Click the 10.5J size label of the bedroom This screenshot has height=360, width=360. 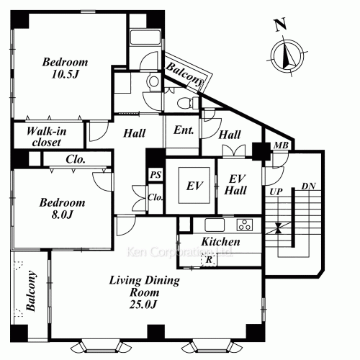pos(65,74)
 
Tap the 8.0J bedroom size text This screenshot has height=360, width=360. pos(62,215)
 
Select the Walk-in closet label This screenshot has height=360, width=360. pos(46,137)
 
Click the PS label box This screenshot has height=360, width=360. pos(156,174)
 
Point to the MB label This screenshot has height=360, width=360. pos(281,145)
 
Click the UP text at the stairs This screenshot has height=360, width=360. pos(276,192)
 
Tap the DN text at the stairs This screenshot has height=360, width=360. pos(308,186)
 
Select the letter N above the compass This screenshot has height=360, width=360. pos(280,24)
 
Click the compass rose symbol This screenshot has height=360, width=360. pos(287,55)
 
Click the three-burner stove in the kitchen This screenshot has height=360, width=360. pos(245,225)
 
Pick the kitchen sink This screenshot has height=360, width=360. pos(215,225)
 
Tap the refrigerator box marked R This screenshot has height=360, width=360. pos(209,259)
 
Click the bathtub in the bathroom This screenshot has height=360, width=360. pos(145,37)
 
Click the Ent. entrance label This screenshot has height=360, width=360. pos(184,130)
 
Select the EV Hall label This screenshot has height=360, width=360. pos(235,185)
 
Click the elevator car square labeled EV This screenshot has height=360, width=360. pos(194,185)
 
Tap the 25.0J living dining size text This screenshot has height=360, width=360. pos(143,305)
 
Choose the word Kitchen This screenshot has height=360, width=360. pos(220,241)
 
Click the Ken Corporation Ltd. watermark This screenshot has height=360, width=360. pos(179,252)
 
